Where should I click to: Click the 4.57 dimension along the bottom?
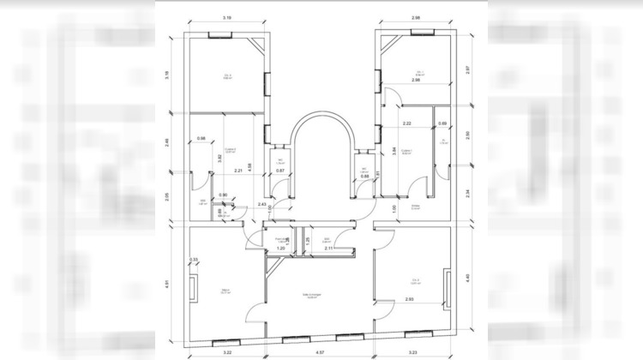(x=318, y=351)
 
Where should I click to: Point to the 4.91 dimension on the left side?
(x=169, y=284)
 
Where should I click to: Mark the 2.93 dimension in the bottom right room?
(x=410, y=299)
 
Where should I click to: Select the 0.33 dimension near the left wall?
(x=194, y=260)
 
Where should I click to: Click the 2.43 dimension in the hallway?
(x=261, y=204)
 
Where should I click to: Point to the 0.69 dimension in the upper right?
(x=442, y=124)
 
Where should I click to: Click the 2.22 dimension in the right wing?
(x=406, y=124)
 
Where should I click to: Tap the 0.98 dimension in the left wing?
(x=201, y=139)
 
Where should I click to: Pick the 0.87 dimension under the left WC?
(x=279, y=171)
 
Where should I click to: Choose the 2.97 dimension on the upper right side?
(x=468, y=69)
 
